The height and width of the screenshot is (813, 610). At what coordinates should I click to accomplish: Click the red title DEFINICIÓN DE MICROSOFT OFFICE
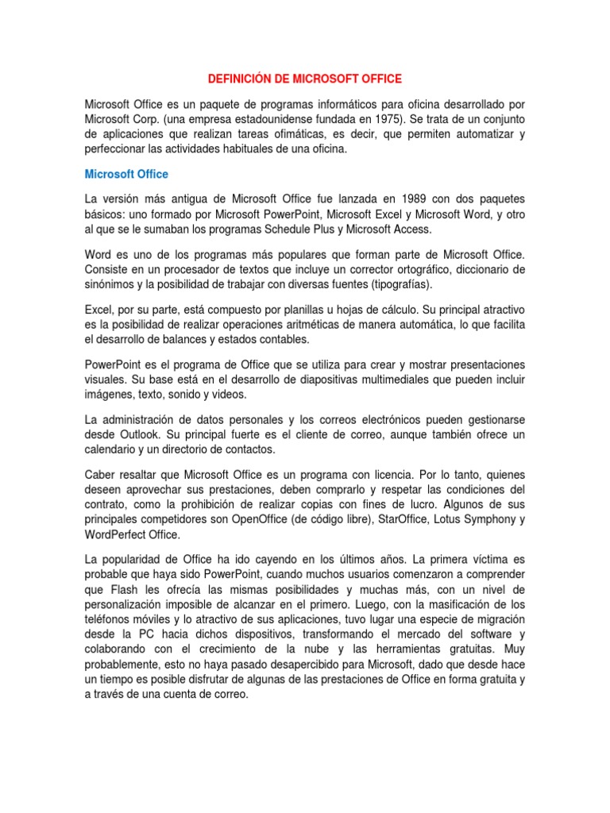[x=305, y=79]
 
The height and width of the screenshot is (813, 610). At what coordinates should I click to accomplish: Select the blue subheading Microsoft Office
[x=126, y=174]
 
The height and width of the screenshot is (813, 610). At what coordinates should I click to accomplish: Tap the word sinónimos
[x=111, y=285]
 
